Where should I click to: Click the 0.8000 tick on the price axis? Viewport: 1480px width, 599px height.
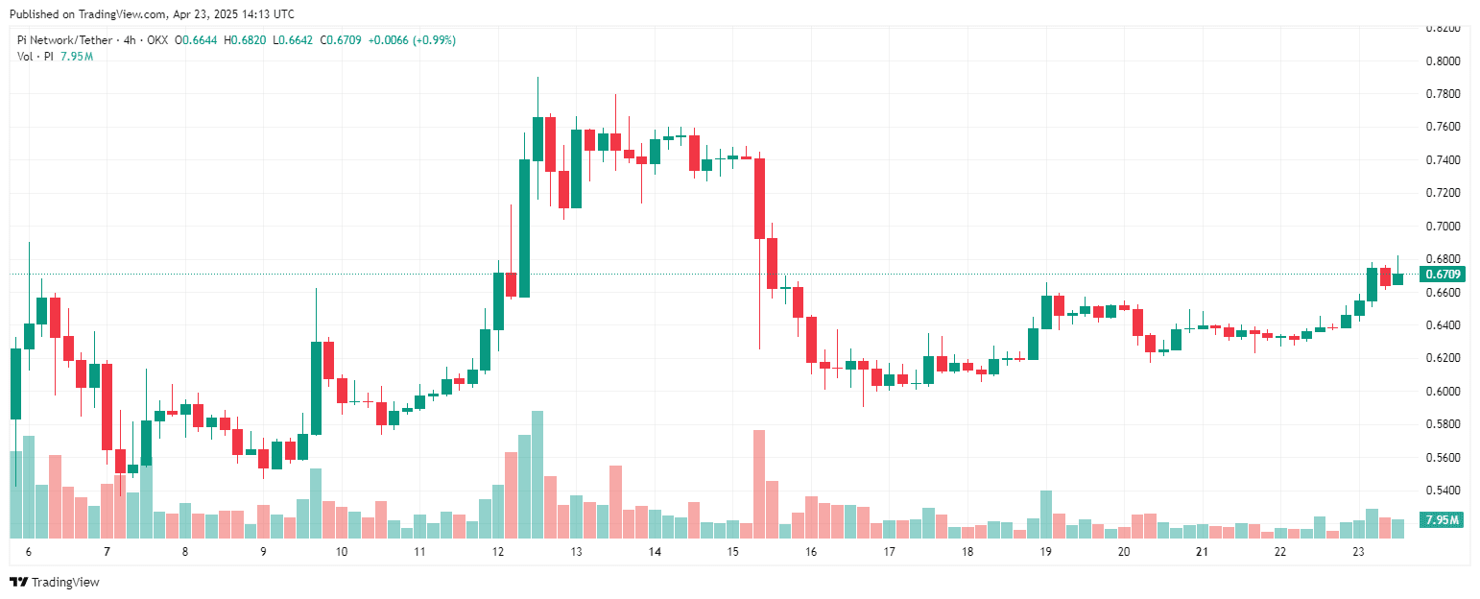pos(1442,60)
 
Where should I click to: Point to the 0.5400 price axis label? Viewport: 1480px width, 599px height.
pos(1442,491)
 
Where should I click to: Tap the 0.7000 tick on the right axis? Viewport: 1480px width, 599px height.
pos(1442,227)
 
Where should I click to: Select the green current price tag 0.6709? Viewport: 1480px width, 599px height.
pos(1443,275)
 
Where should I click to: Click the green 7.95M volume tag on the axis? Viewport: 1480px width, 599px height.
pos(1443,520)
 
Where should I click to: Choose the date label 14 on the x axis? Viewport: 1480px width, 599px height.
pos(655,552)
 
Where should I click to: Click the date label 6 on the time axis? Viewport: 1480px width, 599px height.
pos(29,552)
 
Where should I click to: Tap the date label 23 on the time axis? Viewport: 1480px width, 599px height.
pos(1358,552)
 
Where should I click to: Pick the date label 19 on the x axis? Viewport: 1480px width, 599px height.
pos(1045,552)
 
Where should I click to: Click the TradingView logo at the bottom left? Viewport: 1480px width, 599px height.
pos(54,582)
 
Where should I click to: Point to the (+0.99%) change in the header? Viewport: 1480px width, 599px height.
pos(434,40)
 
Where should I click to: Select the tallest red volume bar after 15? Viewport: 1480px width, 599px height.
pos(759,484)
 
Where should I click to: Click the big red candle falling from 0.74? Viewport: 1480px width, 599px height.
pos(759,199)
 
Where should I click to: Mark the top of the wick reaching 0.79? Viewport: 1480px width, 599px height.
pos(537,78)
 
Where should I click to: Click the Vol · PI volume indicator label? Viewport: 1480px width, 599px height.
pos(34,57)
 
